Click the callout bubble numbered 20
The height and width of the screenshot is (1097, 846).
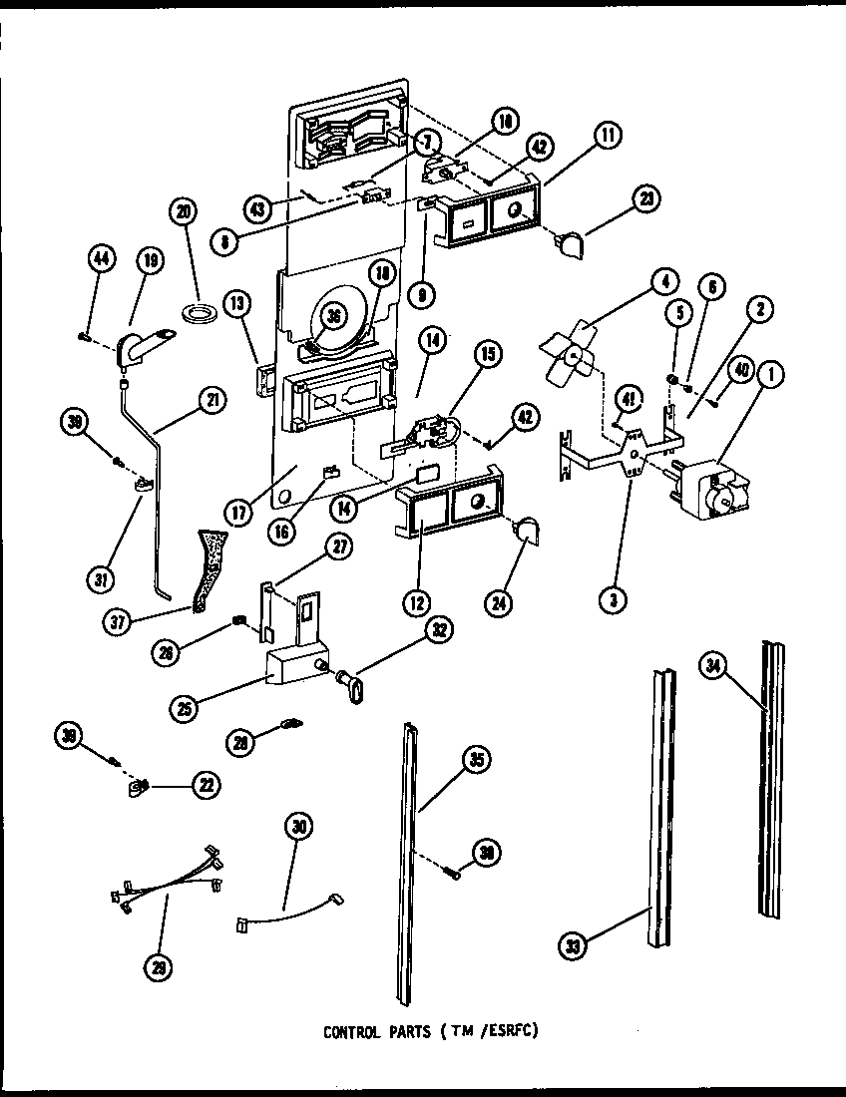(184, 211)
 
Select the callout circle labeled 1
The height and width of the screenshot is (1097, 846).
(769, 376)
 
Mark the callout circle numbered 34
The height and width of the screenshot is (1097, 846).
(712, 670)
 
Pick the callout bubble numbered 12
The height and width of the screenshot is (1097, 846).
(416, 600)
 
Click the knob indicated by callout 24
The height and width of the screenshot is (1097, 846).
(525, 535)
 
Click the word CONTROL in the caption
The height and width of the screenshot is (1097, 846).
(349, 1032)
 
